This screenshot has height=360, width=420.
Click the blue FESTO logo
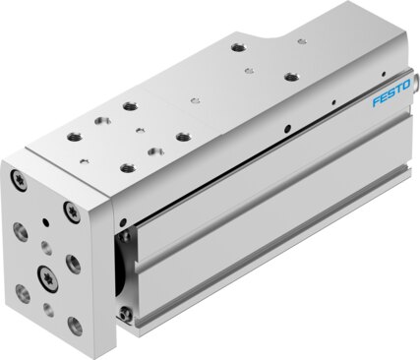pos(391,93)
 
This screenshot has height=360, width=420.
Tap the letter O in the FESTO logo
pos(406,85)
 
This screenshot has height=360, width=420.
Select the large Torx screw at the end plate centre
pos(47,274)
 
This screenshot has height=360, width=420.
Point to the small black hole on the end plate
pos(46,223)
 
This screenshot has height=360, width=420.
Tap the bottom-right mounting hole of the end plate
pos(75,325)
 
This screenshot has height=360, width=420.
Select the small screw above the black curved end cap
pos(124,236)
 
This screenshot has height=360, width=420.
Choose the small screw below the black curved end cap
pos(124,314)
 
